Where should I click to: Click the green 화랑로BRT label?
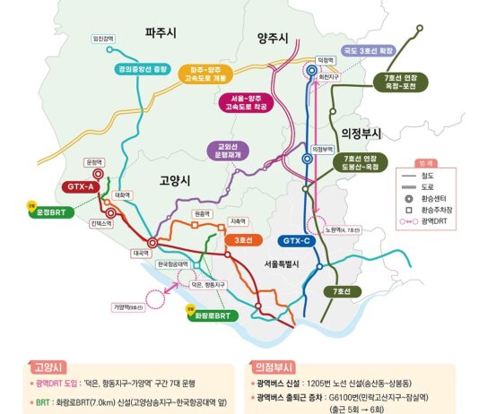point(214,315)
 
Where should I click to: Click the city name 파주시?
point(161,32)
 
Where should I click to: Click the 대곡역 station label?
point(140,254)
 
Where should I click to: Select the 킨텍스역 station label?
point(101,223)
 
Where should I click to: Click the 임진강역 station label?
point(106,38)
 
